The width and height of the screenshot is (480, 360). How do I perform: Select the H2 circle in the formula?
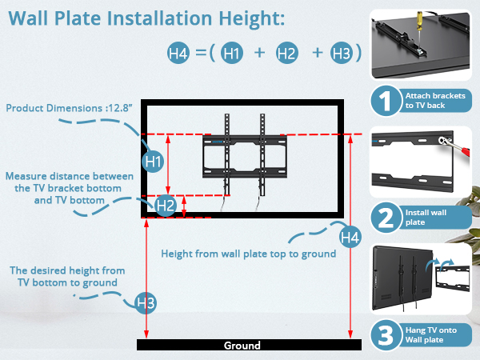(x=286, y=54)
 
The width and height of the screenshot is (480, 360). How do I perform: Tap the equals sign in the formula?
(x=201, y=54)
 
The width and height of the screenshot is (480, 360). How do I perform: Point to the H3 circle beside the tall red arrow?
(x=146, y=303)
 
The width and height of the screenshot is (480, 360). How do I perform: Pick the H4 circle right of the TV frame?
(x=350, y=237)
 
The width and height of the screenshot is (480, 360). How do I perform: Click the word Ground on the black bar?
(x=242, y=346)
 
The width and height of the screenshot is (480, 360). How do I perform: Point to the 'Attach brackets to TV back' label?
(x=433, y=101)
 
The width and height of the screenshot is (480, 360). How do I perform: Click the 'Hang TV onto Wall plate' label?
(x=433, y=334)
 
